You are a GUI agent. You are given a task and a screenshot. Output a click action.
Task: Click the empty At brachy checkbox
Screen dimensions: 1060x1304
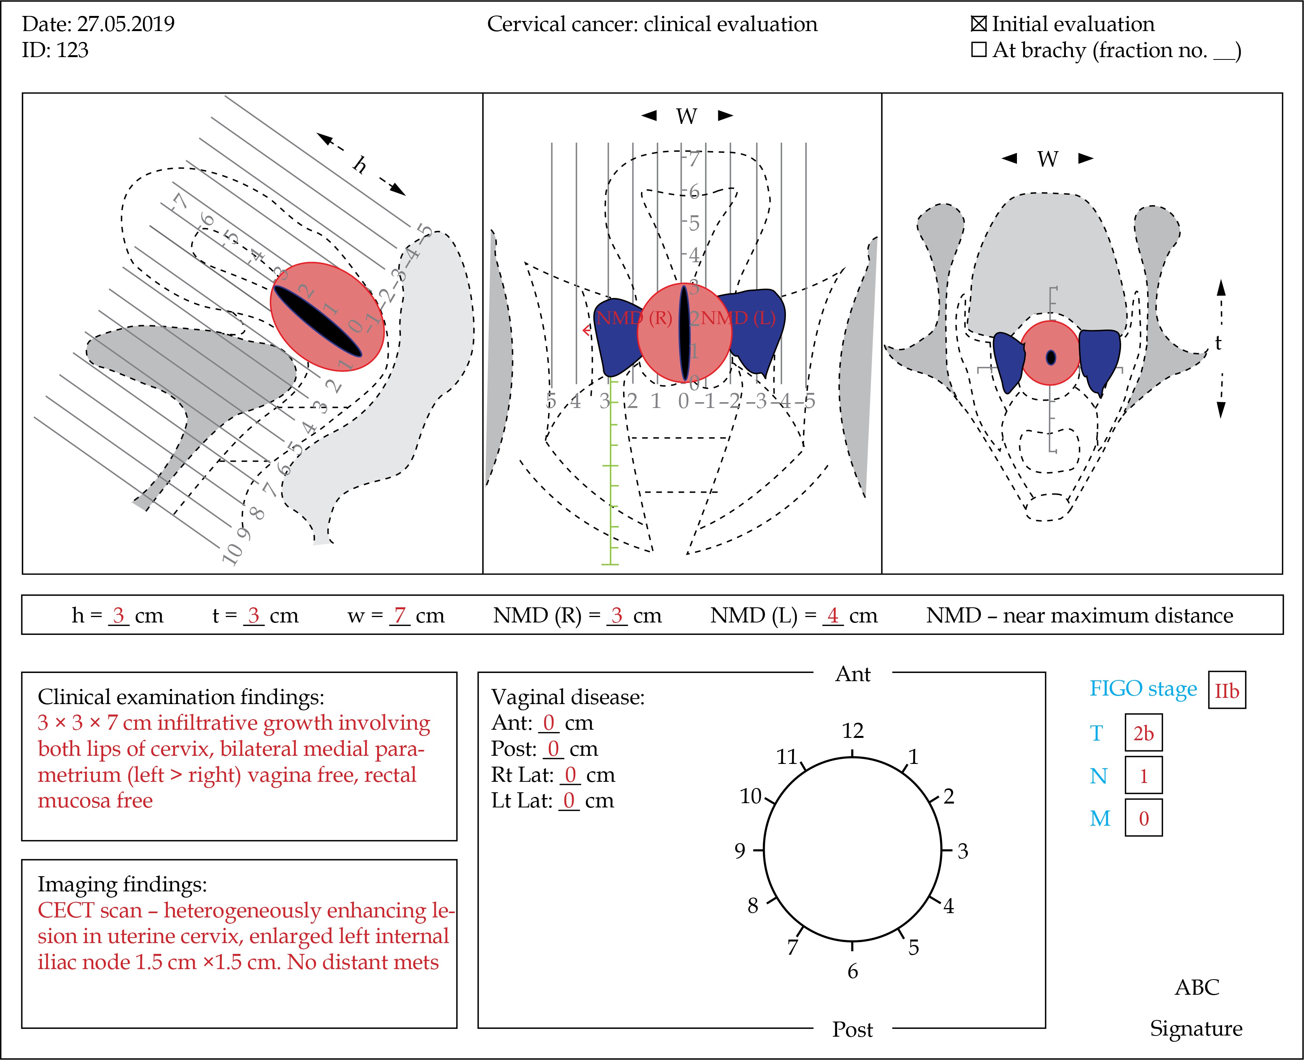pos(978,50)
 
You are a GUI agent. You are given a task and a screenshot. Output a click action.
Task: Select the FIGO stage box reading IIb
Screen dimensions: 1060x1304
pos(1226,690)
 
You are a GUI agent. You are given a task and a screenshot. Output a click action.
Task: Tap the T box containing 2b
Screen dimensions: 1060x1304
pos(1144,733)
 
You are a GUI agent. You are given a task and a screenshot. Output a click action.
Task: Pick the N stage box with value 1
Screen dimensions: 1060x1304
pos(1144,776)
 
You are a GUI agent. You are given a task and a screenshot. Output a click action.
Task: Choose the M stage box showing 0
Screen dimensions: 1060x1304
pos(1144,818)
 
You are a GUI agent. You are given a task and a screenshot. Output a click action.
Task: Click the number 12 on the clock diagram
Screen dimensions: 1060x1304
pos(853,731)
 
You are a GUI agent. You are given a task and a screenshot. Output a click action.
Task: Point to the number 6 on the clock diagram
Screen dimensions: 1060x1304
pos(853,971)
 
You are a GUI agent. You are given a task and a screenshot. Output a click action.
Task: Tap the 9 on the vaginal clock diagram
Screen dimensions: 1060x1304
pos(740,851)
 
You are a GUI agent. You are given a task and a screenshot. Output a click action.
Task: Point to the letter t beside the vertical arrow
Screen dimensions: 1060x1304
pos(1218,344)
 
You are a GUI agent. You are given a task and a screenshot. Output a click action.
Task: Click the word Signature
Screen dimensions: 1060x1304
pos(1196,1028)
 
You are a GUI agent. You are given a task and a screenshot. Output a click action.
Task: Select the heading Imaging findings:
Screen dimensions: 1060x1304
pos(122,884)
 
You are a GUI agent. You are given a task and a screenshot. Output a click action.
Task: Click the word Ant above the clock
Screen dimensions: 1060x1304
pos(853,674)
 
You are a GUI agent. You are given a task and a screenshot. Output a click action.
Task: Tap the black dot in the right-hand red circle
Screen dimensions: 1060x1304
pos(1051,357)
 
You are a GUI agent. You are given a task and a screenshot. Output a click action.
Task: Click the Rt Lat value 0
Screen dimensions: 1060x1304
pos(570,775)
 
